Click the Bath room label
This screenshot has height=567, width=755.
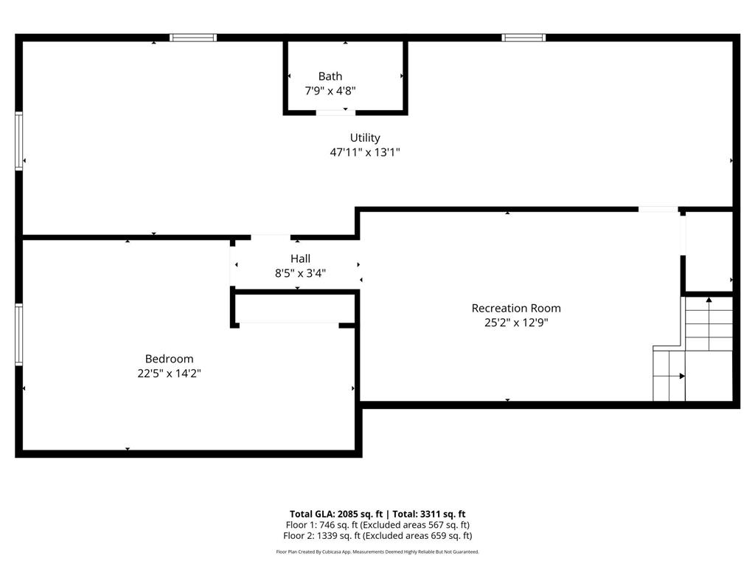330,76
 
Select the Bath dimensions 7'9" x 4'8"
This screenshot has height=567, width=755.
330,91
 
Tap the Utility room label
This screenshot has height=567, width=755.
365,137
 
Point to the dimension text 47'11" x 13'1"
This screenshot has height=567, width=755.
365,153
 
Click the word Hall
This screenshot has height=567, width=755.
300,258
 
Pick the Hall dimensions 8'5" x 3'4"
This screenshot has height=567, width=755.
300,273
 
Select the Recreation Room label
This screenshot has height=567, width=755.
516,308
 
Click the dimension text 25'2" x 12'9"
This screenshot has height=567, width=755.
516,323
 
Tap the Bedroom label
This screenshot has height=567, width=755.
169,359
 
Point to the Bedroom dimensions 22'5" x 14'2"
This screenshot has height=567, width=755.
169,374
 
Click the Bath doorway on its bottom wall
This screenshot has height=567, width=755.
335,112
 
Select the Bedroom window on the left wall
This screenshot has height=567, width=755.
19,334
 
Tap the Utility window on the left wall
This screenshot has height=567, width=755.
19,141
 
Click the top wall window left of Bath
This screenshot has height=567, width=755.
193,38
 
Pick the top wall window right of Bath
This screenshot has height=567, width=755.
523,38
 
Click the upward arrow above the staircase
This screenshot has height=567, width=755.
709,300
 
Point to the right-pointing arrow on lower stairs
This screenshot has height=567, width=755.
681,376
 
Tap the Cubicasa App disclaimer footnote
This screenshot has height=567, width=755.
377,551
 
